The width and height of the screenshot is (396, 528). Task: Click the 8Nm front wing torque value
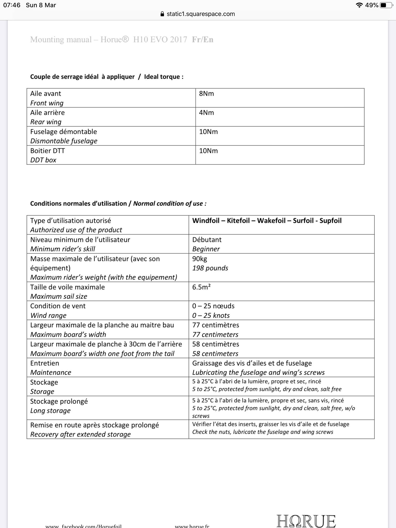coord(206,94)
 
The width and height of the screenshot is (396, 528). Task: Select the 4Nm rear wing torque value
coord(206,113)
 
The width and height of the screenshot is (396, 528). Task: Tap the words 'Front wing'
coord(47,103)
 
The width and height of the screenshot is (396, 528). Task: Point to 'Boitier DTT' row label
coord(47,151)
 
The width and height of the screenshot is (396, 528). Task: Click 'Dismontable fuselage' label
coord(64,141)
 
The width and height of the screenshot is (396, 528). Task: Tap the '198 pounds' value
coord(210,268)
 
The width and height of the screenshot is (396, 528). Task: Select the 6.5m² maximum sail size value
coord(201,287)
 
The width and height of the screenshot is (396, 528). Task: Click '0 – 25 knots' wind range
coord(211,316)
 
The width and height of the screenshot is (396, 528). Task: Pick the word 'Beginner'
coord(206,249)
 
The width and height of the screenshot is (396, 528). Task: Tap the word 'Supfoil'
coord(330,221)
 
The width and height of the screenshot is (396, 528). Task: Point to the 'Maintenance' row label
coord(51,373)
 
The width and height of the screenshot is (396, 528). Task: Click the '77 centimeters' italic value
coord(215,335)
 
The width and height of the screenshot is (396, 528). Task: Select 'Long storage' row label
coord(50,411)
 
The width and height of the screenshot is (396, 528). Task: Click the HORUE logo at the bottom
coord(306,521)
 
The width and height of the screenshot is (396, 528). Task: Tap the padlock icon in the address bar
coord(162,14)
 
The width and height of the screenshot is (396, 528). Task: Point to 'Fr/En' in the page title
coord(202,39)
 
